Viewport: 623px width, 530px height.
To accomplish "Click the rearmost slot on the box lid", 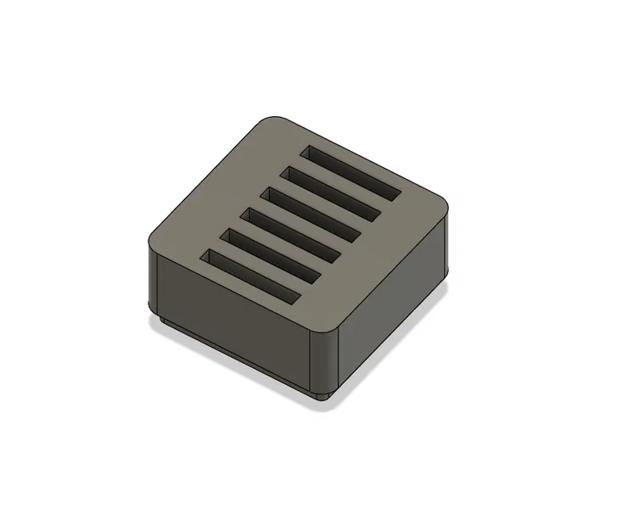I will pyautogui.click(x=352, y=172).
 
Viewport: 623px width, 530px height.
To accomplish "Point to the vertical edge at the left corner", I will pyautogui.click(x=150, y=276).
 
